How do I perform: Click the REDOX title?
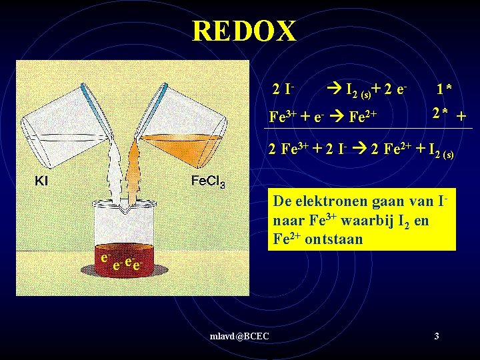(243, 31)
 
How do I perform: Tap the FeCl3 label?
(207, 181)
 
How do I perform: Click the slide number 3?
(436, 336)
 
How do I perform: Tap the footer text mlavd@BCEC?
(239, 336)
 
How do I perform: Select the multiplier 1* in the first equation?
(444, 89)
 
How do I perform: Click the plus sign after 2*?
(461, 116)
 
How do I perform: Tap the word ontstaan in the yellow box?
(337, 239)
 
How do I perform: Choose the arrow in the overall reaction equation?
(355, 149)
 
